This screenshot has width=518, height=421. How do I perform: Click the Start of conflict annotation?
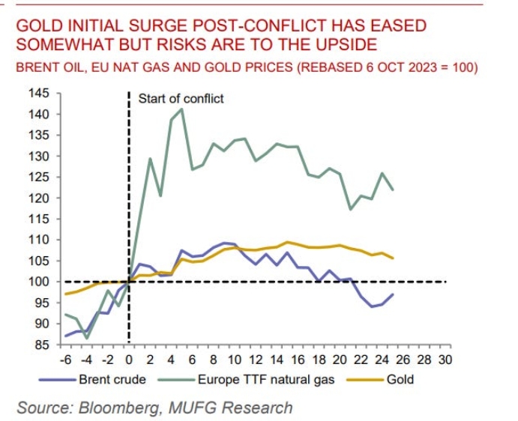(x=181, y=98)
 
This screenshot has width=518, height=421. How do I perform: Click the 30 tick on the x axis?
(x=445, y=359)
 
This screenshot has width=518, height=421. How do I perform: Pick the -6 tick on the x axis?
(x=67, y=359)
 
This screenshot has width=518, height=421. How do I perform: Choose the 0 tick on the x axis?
(x=130, y=359)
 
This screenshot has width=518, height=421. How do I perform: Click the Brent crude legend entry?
(x=112, y=379)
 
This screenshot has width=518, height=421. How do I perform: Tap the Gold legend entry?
(x=400, y=379)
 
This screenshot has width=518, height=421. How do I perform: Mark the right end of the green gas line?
(x=393, y=190)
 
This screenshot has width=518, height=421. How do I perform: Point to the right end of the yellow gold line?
(x=393, y=258)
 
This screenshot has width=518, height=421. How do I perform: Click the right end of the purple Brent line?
(x=393, y=294)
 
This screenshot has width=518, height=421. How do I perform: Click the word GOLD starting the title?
(x=38, y=25)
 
